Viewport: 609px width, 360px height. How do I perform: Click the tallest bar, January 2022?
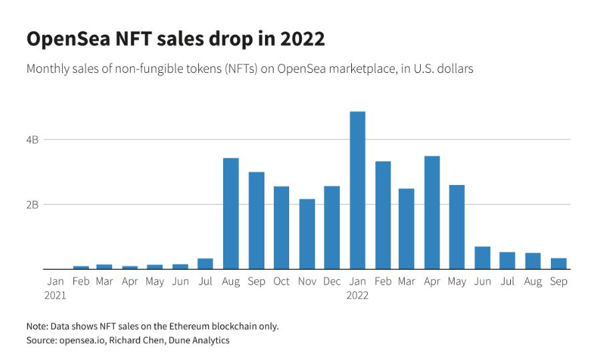pos(357,190)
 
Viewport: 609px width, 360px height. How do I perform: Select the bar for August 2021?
pos(231,214)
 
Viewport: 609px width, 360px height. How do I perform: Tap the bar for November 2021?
pos(307,234)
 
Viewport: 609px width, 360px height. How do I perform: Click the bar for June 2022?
pos(482,258)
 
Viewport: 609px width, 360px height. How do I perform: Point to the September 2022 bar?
pos(558,263)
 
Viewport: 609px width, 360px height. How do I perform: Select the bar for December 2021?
pos(332,227)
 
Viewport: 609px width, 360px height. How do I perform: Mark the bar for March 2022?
pos(407,228)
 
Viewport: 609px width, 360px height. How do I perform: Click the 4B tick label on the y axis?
pos(33,140)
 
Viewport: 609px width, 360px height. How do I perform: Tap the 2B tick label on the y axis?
pos(33,204)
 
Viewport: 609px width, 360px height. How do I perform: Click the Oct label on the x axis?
pos(281,282)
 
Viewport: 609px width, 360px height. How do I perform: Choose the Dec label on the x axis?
pos(332,282)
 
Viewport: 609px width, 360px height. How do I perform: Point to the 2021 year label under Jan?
pos(55,295)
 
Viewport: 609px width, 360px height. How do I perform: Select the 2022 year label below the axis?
pos(357,295)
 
